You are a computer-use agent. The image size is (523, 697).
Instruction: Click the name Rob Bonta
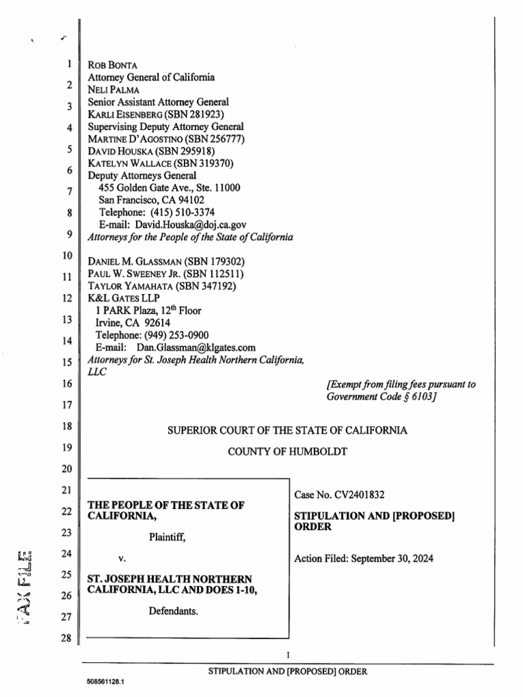113,66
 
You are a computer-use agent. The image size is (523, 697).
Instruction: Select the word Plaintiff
167,536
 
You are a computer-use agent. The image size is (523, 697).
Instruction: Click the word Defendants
173,611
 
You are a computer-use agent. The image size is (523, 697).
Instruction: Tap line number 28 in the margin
66,638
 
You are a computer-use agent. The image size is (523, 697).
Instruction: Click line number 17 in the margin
66,405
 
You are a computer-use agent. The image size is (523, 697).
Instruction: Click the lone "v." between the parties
123,559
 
